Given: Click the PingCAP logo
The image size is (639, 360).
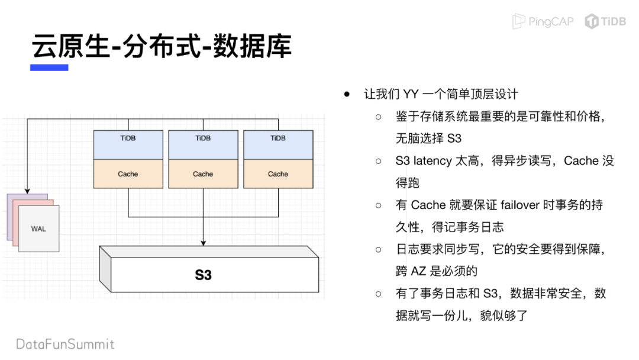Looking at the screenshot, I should (x=543, y=22).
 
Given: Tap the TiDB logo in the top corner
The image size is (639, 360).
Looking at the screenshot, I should (x=605, y=22).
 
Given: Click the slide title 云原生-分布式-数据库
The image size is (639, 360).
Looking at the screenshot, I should (x=162, y=46).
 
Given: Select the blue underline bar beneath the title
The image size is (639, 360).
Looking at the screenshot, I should (x=49, y=68).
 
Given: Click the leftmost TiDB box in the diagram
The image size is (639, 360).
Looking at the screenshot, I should (x=128, y=145).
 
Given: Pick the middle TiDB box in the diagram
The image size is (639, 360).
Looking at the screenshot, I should (x=203, y=145).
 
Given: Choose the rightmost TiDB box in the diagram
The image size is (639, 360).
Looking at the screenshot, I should (x=278, y=145).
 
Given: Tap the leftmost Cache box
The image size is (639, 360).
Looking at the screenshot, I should (x=128, y=174).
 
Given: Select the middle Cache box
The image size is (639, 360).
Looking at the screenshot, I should (x=203, y=174).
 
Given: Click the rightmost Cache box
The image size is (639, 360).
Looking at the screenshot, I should (x=278, y=174).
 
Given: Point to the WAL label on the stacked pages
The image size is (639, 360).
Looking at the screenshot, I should (x=38, y=229).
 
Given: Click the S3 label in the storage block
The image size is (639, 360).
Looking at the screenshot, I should (x=203, y=275).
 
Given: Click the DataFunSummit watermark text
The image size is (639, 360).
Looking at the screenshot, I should (x=65, y=344).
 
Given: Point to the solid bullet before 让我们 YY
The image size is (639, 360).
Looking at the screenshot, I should (x=348, y=94).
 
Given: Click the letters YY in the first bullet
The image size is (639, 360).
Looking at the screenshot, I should (x=411, y=94).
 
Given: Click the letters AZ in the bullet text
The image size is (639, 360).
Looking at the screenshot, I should (x=418, y=271).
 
